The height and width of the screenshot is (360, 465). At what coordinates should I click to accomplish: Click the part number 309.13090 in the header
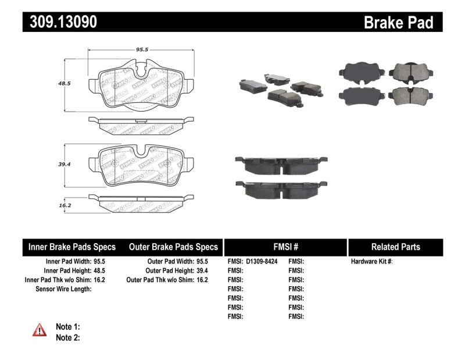click(x=60, y=22)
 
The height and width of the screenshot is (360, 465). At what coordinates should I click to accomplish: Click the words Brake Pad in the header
click(x=398, y=22)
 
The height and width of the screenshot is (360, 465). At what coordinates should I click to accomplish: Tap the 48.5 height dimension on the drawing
click(x=64, y=83)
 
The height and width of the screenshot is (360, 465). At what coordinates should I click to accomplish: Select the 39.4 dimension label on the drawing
click(x=64, y=165)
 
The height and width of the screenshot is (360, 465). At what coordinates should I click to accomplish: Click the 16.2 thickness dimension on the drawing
click(x=64, y=205)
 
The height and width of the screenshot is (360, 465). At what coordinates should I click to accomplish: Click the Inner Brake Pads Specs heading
click(x=72, y=247)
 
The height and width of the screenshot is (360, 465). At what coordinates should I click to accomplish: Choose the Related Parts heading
click(x=395, y=247)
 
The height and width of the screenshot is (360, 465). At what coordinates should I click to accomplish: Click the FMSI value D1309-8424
click(x=262, y=262)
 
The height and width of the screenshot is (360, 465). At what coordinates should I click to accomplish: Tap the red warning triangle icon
click(x=38, y=330)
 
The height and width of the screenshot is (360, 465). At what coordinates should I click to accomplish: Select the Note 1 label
click(x=67, y=327)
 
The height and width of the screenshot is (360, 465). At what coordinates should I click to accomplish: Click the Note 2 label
click(x=67, y=337)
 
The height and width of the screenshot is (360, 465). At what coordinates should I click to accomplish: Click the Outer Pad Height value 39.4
click(x=202, y=271)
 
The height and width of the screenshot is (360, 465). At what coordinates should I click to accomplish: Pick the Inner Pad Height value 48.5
click(x=99, y=271)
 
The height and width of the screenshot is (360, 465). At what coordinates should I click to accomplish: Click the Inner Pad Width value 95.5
click(x=99, y=262)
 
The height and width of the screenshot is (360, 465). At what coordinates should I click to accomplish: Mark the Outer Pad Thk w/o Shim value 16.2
click(x=202, y=280)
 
